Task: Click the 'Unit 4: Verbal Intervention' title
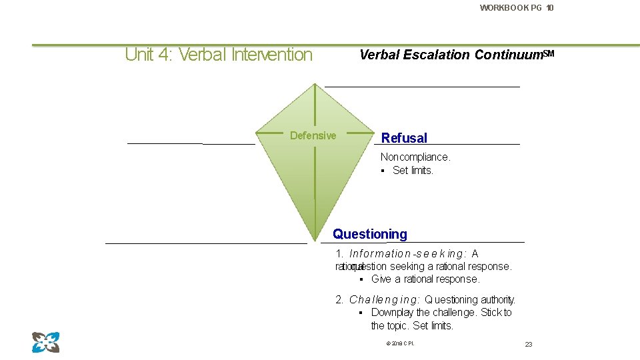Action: (x=219, y=55)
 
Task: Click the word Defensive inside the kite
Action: (x=313, y=136)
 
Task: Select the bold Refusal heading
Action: (x=404, y=138)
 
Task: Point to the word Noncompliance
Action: (x=415, y=157)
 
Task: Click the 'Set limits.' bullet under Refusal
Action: (x=413, y=171)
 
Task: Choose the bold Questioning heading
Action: (x=370, y=234)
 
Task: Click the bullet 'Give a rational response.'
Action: (x=425, y=279)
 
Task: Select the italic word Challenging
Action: (x=384, y=300)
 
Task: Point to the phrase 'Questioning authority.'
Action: (x=470, y=300)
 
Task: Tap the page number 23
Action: (x=529, y=344)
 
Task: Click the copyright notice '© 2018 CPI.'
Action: (x=400, y=343)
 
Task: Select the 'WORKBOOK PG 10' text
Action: (x=516, y=8)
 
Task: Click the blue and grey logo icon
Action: (x=45, y=342)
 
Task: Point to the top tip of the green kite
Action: (x=315, y=84)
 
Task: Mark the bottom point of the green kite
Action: (x=314, y=239)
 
